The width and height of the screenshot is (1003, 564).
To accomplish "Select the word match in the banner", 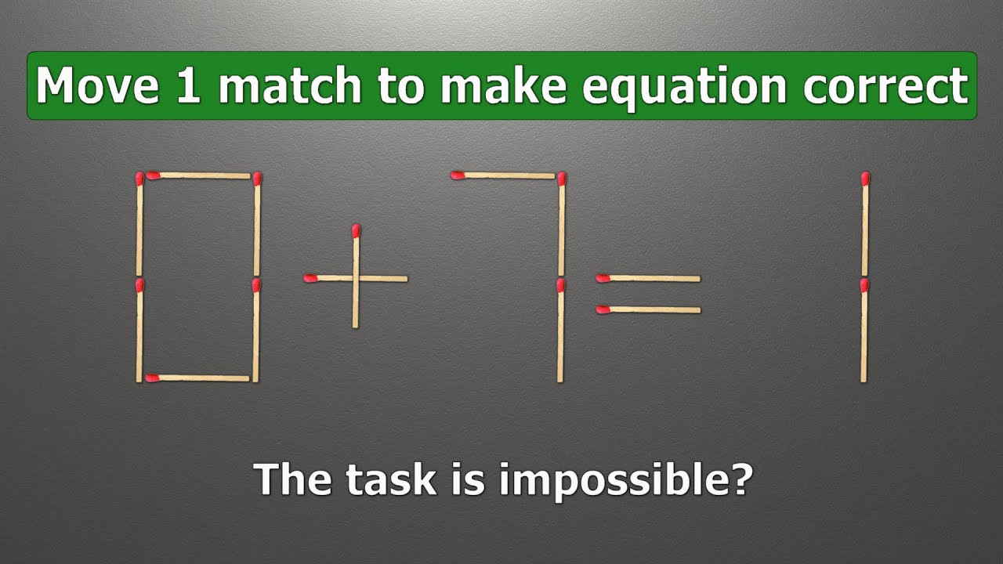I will (289, 86).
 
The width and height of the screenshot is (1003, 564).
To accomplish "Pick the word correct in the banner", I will (885, 86).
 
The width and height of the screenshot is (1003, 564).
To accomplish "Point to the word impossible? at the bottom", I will (625, 479).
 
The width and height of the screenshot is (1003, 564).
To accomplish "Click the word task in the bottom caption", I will (389, 478).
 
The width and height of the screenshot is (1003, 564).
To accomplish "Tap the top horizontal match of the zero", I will (198, 175).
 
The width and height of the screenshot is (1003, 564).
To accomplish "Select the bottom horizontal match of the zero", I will (198, 378).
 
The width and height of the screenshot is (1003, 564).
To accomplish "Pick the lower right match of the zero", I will (256, 330).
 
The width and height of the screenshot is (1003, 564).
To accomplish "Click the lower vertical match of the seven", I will (560, 330).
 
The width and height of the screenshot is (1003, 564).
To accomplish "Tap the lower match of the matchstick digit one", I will (864, 330).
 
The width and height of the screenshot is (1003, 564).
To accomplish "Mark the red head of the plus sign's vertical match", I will (357, 230).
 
